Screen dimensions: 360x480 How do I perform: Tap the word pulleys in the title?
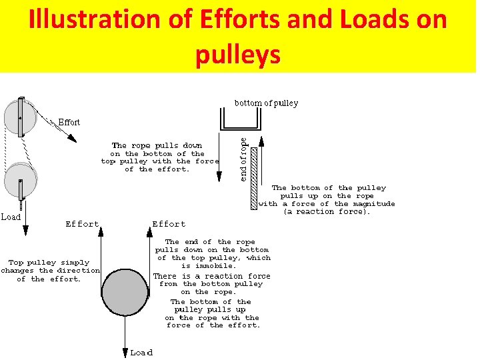pyautogui.click(x=238, y=55)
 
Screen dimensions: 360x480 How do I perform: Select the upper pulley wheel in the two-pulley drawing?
pyautogui.click(x=20, y=117)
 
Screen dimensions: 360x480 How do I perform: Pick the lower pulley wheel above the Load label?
pyautogui.click(x=21, y=181)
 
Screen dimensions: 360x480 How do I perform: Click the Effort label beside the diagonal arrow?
pyautogui.click(x=69, y=122)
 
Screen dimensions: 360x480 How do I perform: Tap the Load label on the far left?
pyautogui.click(x=11, y=217)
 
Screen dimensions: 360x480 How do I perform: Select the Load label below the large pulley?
pyautogui.click(x=141, y=352)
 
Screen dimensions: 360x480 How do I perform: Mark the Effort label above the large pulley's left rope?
pyautogui.click(x=82, y=224)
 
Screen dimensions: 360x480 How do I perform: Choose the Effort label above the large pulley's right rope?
pyautogui.click(x=169, y=224)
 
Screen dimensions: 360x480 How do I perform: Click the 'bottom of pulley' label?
pyautogui.click(x=266, y=103)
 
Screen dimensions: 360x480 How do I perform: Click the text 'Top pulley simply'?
pyautogui.click(x=49, y=263)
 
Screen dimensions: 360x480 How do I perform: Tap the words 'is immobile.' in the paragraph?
pyautogui.click(x=213, y=266)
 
